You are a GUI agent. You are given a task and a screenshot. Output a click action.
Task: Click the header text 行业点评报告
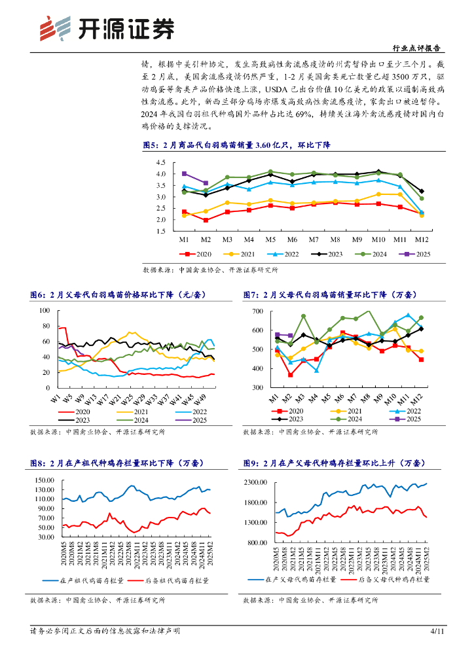pyautogui.click(x=415, y=48)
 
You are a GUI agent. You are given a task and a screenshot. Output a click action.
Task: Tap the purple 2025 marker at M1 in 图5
pyautogui.click(x=185, y=174)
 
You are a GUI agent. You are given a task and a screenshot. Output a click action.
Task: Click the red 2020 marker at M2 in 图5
pyautogui.click(x=206, y=220)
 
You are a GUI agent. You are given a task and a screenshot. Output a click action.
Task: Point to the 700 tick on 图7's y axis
pyautogui.click(x=257, y=311)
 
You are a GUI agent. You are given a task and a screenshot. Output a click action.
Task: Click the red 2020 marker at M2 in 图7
pyautogui.click(x=290, y=375)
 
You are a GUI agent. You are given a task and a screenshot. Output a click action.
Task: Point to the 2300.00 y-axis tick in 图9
pyautogui.click(x=255, y=482)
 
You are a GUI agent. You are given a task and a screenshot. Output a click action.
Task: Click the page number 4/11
pyautogui.click(x=437, y=650)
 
